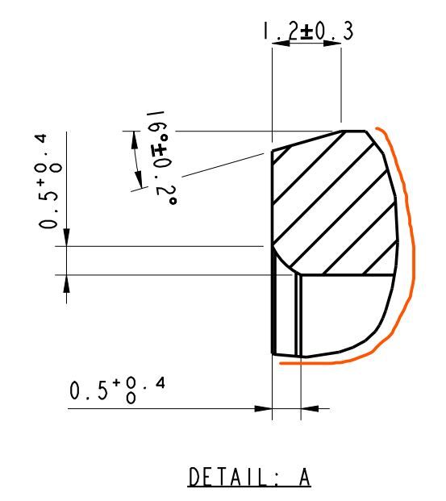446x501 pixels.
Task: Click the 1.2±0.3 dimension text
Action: (308, 31)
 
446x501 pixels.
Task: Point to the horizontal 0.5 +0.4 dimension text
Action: (117, 390)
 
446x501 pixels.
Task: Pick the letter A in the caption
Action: (304, 477)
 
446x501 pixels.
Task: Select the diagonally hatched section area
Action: (336, 204)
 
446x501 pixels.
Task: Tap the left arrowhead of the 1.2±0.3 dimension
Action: (281, 43)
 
